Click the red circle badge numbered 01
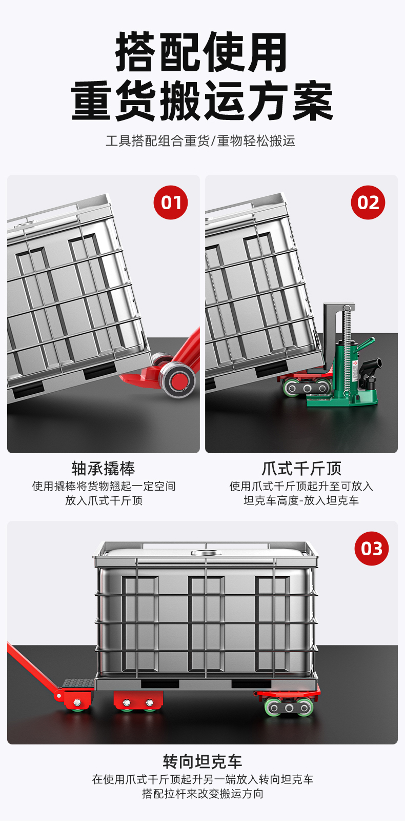(171, 203)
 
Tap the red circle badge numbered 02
(368, 203)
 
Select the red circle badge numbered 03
(372, 549)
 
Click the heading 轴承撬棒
(104, 468)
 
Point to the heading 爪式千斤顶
(301, 468)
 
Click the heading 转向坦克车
(202, 762)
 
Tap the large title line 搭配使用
(202, 52)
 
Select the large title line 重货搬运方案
(202, 100)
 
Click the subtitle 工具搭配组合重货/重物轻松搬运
(200, 141)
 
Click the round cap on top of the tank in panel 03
(206, 553)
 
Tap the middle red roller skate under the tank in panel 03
(138, 700)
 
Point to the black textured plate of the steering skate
(78, 683)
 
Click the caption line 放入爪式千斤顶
(104, 500)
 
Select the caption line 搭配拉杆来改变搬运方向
(202, 794)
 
